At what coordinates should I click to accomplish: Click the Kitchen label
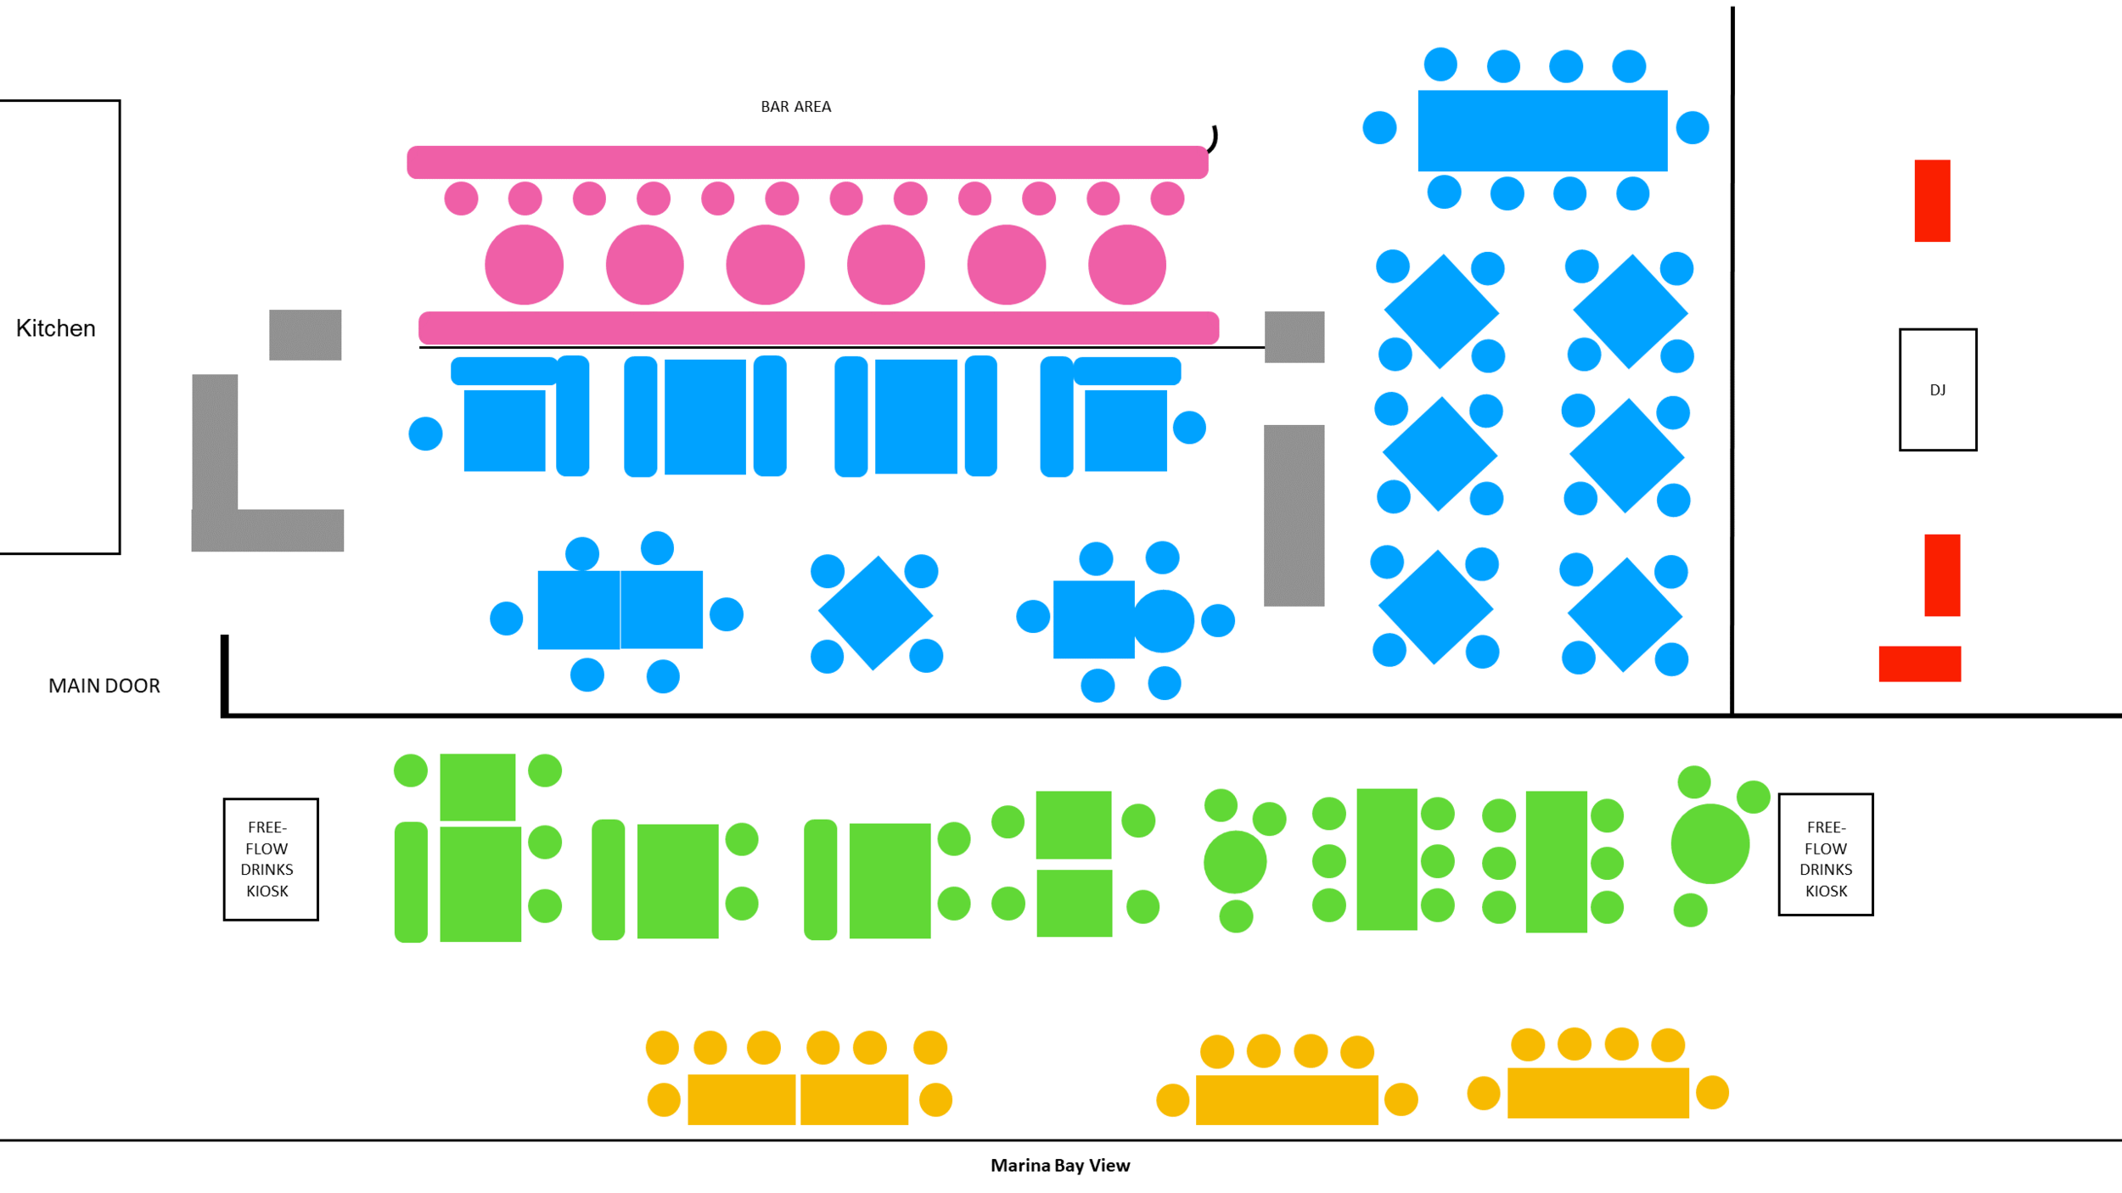55,328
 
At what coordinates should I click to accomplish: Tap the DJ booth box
1937,389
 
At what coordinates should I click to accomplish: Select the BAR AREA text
795,107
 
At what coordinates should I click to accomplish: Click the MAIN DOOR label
104,686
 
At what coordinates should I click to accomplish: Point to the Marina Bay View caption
1059,1166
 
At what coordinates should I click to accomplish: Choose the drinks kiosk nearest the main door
270,859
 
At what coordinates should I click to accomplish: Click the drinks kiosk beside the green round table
1825,854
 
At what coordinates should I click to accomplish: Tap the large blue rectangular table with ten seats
1542,131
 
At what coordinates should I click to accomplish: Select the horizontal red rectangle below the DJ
1919,664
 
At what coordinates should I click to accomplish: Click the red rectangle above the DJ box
1932,200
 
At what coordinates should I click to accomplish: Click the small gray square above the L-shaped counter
305,334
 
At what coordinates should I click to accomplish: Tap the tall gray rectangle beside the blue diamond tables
1294,515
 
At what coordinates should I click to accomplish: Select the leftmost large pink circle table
524,265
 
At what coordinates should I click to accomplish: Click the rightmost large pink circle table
1126,265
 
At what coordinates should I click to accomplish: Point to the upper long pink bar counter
806,162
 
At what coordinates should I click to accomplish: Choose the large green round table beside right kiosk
1709,844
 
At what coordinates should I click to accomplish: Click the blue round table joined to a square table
1163,620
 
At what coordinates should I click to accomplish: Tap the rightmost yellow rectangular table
1597,1093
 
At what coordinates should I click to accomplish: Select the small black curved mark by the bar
1214,138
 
